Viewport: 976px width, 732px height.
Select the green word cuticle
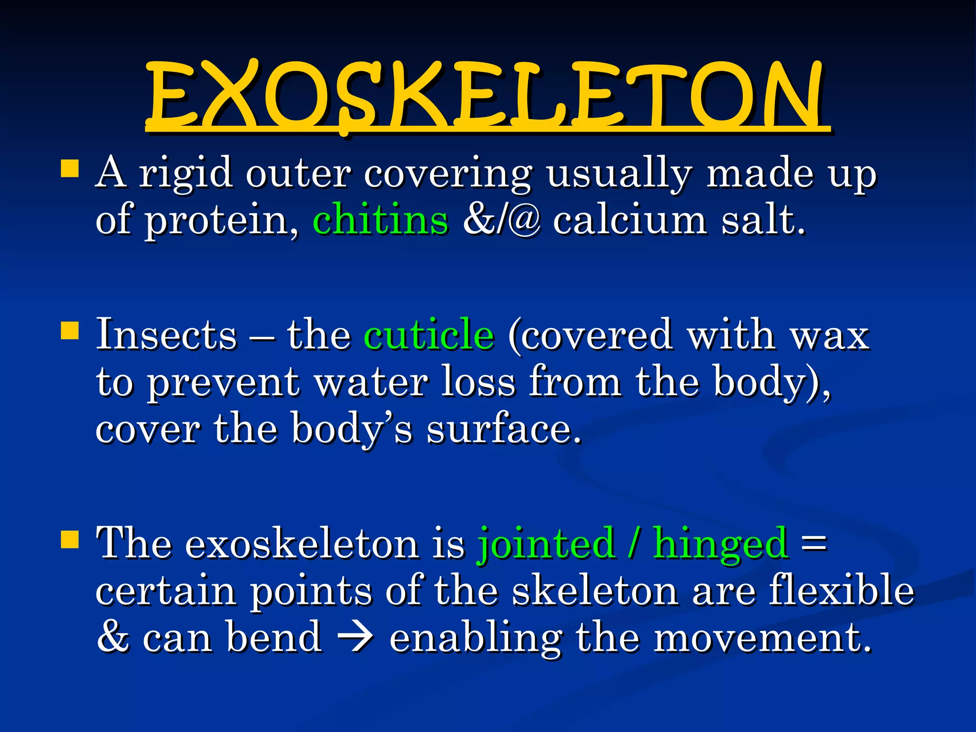click(x=429, y=335)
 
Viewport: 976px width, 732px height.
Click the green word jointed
click(x=546, y=543)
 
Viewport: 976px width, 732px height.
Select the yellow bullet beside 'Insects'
click(x=70, y=330)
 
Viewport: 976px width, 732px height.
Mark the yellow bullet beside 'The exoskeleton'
click(x=70, y=540)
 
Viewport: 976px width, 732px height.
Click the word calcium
click(x=630, y=220)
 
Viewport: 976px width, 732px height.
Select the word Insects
click(x=166, y=335)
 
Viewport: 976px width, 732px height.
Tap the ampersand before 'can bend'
click(x=113, y=637)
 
